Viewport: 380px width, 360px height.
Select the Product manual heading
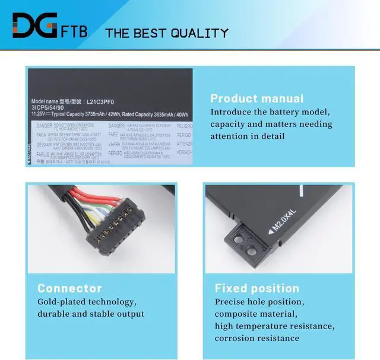tap(256, 98)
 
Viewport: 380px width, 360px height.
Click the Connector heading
tap(69, 288)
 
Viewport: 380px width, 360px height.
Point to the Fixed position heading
tap(257, 288)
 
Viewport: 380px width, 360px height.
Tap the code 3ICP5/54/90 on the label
tap(47, 108)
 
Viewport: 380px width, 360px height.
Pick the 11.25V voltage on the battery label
tap(42, 114)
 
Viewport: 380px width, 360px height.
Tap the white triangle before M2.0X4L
tap(271, 232)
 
